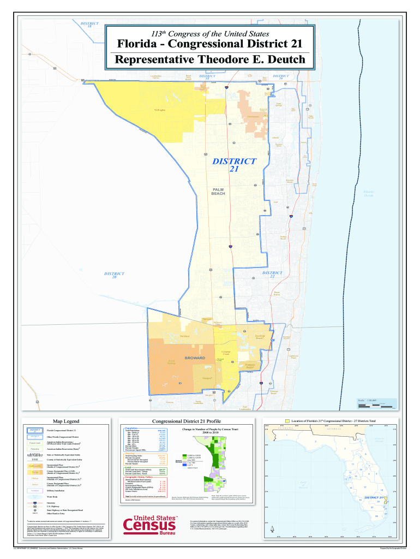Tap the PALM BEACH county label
218,191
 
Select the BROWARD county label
195,358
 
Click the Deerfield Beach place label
260,337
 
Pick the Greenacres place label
253,117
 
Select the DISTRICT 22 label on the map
272,275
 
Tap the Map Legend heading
66,421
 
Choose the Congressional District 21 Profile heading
186,421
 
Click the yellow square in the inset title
287,421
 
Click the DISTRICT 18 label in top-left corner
89,26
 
